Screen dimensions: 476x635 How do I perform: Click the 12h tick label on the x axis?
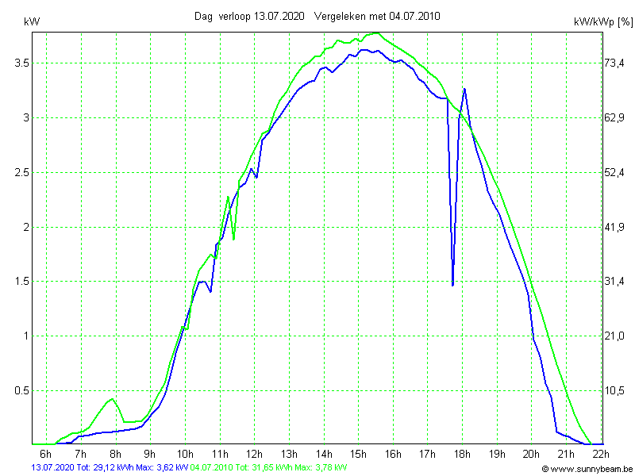(x=255, y=454)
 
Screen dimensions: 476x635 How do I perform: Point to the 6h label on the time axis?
(x=46, y=454)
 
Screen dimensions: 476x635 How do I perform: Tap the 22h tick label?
(x=601, y=454)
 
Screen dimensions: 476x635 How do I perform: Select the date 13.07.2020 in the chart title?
(x=280, y=16)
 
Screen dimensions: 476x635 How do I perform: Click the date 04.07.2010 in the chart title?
(x=410, y=16)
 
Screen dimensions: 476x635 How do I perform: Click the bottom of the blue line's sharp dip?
(x=452, y=285)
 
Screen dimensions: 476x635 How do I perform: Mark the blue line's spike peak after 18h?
(x=464, y=89)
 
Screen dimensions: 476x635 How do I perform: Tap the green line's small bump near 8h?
(x=113, y=398)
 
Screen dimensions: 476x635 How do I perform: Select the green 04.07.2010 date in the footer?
(x=211, y=468)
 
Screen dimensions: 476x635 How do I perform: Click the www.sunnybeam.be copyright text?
(x=587, y=469)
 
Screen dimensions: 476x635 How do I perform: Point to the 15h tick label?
(x=359, y=454)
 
